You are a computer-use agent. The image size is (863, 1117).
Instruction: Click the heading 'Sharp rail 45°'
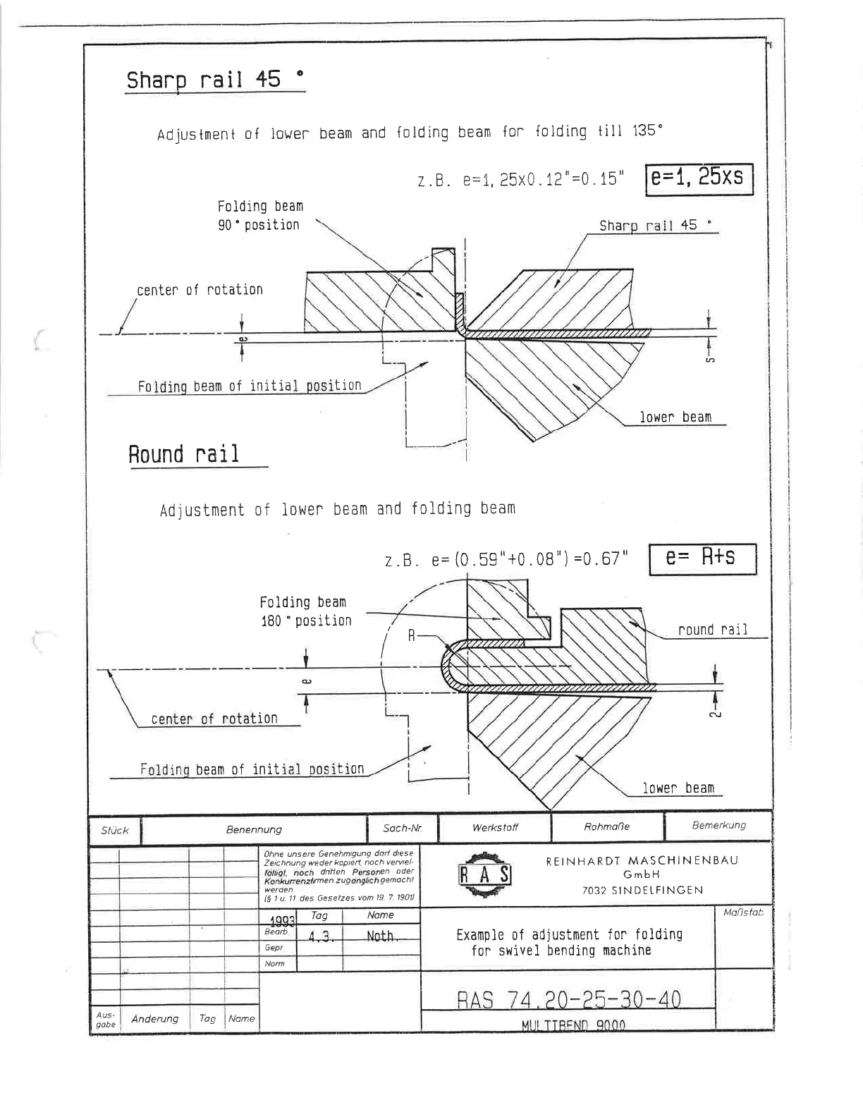[215, 81]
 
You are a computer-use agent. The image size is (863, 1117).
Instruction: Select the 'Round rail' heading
[184, 454]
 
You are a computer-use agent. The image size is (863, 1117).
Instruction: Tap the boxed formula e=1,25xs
[698, 178]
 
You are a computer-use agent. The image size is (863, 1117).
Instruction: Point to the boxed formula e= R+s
[702, 558]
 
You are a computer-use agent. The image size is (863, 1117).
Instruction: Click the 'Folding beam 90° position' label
[259, 216]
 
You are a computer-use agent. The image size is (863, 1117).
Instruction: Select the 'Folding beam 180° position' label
[305, 611]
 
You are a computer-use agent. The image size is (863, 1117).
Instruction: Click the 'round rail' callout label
[712, 630]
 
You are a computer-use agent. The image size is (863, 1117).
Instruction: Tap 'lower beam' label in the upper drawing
[675, 417]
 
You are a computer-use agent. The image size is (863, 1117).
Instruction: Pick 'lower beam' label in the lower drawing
[678, 788]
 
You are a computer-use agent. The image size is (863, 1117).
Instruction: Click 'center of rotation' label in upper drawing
[200, 290]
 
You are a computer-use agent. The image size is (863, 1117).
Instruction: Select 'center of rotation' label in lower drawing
[214, 719]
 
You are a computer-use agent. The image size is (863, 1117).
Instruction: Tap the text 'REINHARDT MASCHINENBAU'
[642, 861]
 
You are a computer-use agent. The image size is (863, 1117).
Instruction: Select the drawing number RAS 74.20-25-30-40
[568, 1000]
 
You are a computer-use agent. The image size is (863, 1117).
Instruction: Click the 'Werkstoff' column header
[495, 828]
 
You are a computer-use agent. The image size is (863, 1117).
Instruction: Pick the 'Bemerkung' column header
[718, 826]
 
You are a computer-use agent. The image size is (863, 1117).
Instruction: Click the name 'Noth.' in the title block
[381, 936]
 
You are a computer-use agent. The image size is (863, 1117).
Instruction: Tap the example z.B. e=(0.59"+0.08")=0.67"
[505, 561]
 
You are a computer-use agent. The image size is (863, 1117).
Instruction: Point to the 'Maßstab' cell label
[743, 912]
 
